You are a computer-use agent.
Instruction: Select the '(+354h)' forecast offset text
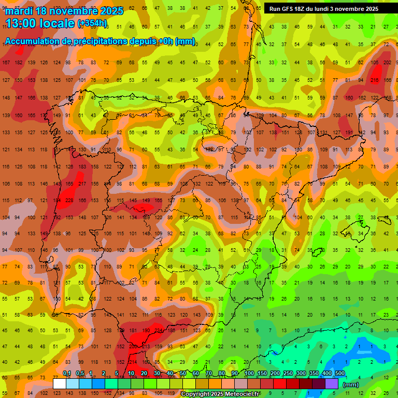92,23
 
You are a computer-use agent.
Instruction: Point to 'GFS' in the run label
289,9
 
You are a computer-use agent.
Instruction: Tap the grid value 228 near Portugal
68,201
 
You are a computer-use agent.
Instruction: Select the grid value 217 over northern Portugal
81,184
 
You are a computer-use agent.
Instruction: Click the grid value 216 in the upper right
374,80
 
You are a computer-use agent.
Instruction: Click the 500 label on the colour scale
339,374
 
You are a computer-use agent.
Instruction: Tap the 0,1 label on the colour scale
67,374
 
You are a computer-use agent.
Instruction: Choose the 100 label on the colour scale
249,374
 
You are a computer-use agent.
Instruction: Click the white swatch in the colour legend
60,384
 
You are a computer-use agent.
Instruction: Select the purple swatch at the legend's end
332,384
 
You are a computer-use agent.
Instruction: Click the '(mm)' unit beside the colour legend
351,385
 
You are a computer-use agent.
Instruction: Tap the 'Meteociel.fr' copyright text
239,394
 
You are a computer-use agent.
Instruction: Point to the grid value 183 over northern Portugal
81,167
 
